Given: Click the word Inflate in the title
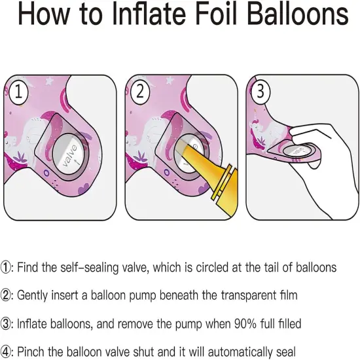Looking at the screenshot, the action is coord(149,14).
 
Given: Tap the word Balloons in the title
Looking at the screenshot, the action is coord(298,14).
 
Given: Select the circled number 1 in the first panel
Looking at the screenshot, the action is coord(18,92).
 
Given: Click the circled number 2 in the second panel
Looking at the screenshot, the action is coord(140,92).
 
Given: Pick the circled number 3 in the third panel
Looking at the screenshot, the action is coord(261,91).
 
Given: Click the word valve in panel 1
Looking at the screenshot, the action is coord(70,155).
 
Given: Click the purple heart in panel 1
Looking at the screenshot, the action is coord(84,189).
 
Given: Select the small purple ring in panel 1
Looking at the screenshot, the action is coord(46,173).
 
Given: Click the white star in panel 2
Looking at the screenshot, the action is coord(170,80).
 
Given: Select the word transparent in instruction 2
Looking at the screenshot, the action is coord(249,295).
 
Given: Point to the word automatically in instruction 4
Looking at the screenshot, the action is coord(240,352).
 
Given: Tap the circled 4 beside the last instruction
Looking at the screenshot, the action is coord(5,351).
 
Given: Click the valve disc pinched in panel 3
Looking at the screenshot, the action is coord(297,151).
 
